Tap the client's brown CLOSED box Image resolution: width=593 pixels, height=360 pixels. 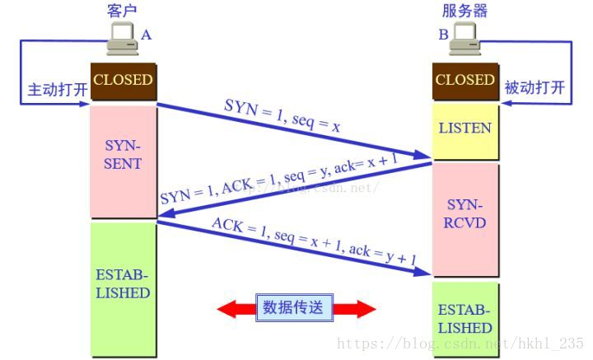[x=123, y=81]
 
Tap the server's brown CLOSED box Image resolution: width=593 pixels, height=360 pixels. [x=465, y=81]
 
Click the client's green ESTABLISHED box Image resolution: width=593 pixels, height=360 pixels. [x=123, y=284]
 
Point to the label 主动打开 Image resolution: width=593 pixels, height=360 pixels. [x=57, y=89]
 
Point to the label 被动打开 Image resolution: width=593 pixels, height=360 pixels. [x=535, y=87]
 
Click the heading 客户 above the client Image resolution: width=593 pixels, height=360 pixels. [x=121, y=11]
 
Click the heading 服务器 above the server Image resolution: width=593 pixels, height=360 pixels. [x=465, y=11]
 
